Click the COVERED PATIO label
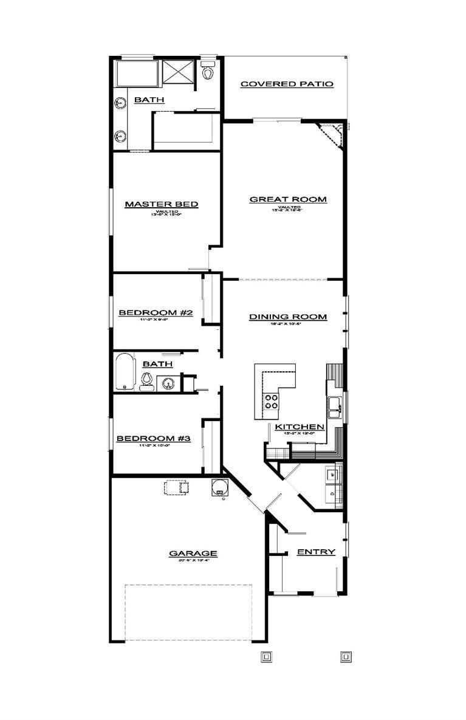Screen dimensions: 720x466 [x=287, y=84]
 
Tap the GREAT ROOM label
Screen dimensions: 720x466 [x=288, y=199]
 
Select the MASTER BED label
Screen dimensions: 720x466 [x=162, y=204]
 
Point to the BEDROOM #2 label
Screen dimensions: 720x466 [x=156, y=313]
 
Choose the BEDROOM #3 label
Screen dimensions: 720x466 [x=154, y=438]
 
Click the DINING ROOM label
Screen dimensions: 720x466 [x=288, y=317]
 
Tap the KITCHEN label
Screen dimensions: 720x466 [x=300, y=427]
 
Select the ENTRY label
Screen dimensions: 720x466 [x=315, y=552]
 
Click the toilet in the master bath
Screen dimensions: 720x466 [x=209, y=71]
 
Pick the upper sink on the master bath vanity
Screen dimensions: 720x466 [x=120, y=104]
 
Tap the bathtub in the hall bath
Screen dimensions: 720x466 [x=125, y=371]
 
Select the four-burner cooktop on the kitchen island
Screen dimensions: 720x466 [x=270, y=402]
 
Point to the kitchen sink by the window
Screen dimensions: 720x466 [x=334, y=406]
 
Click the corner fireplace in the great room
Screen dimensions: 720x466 [x=334, y=137]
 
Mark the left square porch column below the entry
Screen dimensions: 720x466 [x=266, y=656]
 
